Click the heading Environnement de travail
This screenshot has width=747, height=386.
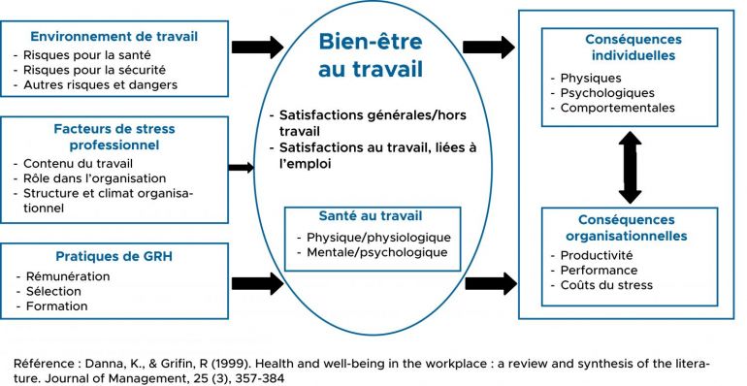click(x=114, y=38)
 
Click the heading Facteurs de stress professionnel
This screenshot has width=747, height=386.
click(x=114, y=136)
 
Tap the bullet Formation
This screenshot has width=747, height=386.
click(x=56, y=306)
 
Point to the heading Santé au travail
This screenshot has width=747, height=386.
click(x=371, y=215)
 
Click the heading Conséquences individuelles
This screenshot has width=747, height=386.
click(x=633, y=48)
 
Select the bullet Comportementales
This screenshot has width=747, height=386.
click(x=617, y=108)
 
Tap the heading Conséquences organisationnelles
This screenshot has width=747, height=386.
click(x=633, y=228)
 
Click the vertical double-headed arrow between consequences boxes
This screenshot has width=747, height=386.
click(x=631, y=167)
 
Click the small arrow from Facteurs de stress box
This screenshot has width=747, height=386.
click(x=241, y=167)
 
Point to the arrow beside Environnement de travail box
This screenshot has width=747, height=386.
click(x=257, y=47)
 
